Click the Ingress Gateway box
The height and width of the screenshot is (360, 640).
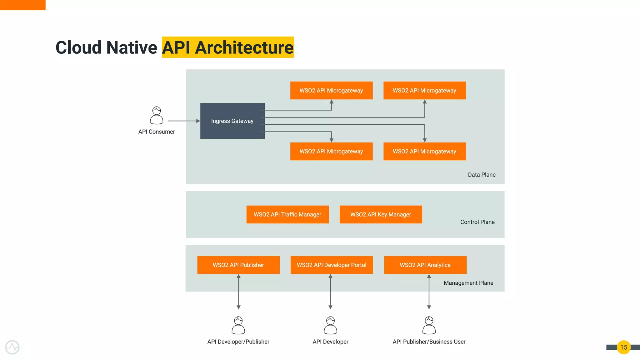(232, 121)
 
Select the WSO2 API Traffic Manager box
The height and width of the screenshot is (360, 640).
(287, 214)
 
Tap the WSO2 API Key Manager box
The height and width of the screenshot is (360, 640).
(381, 214)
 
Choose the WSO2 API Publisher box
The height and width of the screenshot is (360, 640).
(238, 265)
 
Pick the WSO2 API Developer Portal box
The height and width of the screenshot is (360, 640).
(332, 265)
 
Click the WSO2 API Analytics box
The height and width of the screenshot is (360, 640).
(425, 265)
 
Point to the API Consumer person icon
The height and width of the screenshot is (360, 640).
(157, 115)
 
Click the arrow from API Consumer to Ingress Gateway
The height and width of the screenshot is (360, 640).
(184, 121)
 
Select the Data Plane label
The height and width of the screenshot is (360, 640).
(482, 175)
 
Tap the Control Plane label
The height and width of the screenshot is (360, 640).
(477, 222)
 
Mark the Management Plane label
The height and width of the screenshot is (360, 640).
(468, 283)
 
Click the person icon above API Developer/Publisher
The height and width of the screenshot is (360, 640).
(238, 325)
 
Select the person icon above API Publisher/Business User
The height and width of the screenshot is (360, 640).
(429, 325)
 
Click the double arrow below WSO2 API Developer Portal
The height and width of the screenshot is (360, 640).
(330, 292)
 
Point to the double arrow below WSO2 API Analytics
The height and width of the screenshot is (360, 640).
(429, 292)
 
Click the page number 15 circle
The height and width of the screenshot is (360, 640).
(623, 347)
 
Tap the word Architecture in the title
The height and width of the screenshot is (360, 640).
(244, 47)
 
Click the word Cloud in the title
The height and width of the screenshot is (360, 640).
(78, 47)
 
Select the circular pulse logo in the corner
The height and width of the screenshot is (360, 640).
(12, 347)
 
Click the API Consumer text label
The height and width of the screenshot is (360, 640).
(157, 132)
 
